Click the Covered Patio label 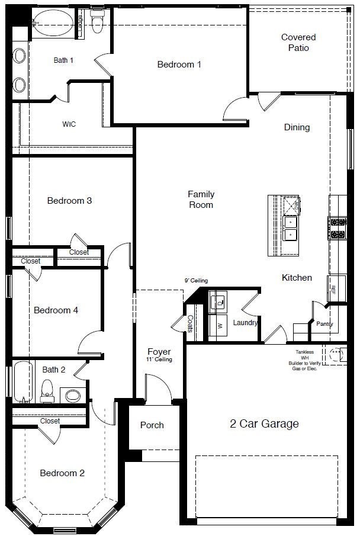[x=298, y=43]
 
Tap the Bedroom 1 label [x=179, y=65]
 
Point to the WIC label [x=69, y=124]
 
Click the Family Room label [x=201, y=200]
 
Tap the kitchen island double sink [x=290, y=229]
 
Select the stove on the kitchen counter [x=337, y=228]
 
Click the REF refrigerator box [x=333, y=289]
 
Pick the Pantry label [x=324, y=324]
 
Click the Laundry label [x=245, y=323]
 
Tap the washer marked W [x=219, y=326]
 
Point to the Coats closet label [x=190, y=326]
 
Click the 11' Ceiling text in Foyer [x=159, y=360]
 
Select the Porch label [x=152, y=425]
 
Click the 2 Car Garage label [x=264, y=424]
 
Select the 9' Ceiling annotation [x=195, y=281]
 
